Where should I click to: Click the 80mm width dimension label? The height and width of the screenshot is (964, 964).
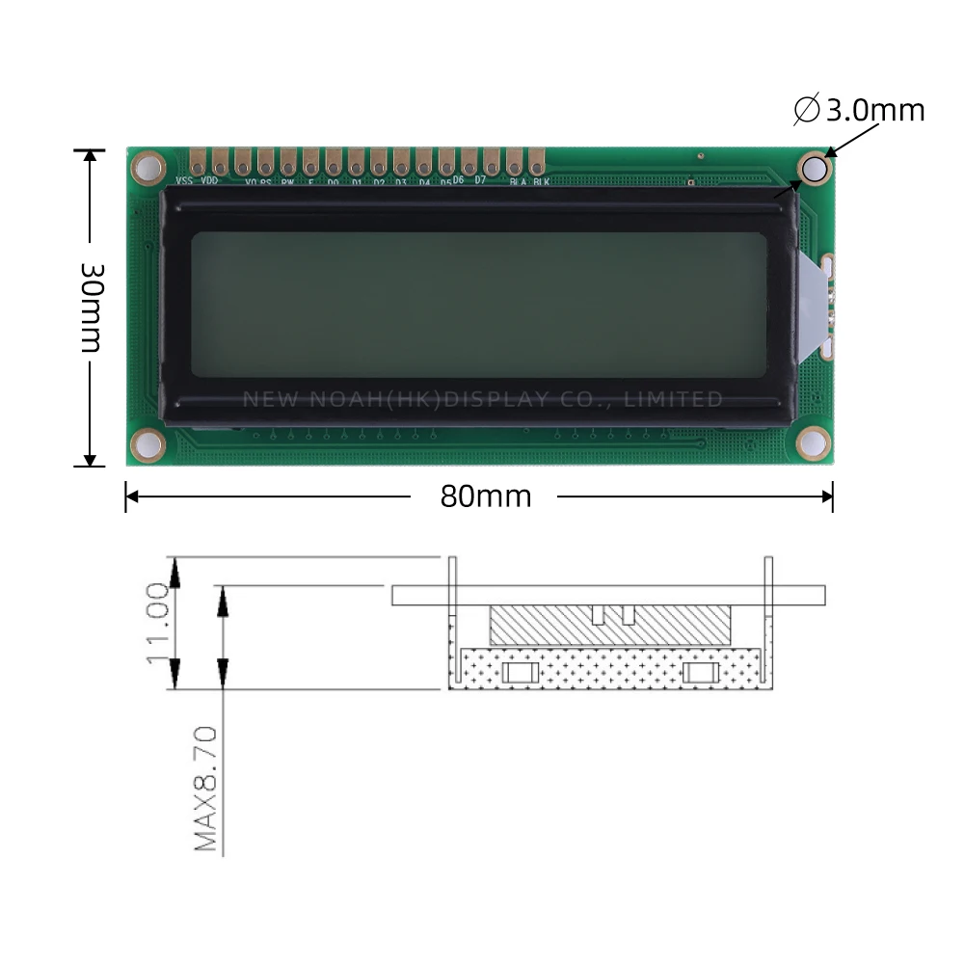click(486, 495)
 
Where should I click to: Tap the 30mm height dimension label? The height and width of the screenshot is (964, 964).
click(91, 306)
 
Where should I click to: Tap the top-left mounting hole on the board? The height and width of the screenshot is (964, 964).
click(147, 168)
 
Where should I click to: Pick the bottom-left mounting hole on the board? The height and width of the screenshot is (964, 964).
click(148, 443)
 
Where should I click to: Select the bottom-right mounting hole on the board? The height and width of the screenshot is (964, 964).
click(814, 442)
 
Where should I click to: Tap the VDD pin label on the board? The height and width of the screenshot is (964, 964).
click(208, 180)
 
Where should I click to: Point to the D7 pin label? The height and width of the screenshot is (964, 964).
click(480, 180)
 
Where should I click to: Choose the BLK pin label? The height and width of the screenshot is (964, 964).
click(541, 180)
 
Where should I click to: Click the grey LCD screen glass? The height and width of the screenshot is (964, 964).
click(479, 305)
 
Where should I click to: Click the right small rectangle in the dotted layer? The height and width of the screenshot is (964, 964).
click(700, 672)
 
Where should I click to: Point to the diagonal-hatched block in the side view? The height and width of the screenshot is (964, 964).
click(609, 628)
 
